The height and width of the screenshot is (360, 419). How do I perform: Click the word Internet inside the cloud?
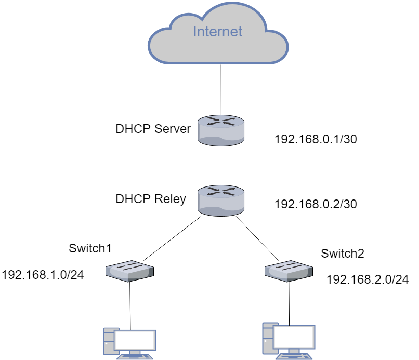[217, 32]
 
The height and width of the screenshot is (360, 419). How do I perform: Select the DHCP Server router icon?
[221, 130]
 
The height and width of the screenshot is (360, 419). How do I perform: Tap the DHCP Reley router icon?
[221, 201]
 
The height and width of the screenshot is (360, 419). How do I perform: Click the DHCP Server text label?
[153, 129]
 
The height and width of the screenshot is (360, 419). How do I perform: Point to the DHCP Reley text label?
[151, 199]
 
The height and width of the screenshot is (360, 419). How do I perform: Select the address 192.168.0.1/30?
[315, 140]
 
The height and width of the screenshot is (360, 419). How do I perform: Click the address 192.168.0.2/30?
[315, 204]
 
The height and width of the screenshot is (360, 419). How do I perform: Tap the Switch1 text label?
[90, 248]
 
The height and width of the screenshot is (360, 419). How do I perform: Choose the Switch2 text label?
[343, 254]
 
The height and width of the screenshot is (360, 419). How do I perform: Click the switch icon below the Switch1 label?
[130, 271]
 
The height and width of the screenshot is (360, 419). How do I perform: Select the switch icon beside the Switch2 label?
[289, 270]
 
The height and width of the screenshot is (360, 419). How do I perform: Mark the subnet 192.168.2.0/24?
[367, 279]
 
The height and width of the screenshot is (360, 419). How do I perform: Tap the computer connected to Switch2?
[289, 340]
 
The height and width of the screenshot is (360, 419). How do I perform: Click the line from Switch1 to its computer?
[130, 304]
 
